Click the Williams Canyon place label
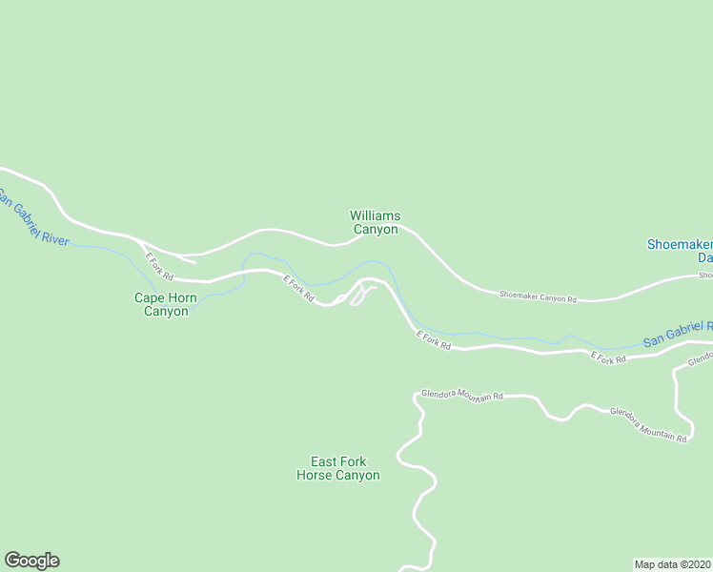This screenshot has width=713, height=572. (375, 223)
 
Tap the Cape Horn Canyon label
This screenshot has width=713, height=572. (166, 304)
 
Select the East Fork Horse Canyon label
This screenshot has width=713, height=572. (337, 468)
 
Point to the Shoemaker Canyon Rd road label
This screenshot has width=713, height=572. (539, 297)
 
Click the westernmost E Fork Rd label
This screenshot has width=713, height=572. (158, 265)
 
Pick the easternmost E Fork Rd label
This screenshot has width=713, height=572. (608, 358)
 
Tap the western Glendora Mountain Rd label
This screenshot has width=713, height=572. (461, 395)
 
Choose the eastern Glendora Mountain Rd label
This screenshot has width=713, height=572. (648, 425)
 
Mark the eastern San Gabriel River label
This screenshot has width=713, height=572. (677, 334)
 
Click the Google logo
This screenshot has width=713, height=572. (31, 561)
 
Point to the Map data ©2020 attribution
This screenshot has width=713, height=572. (673, 563)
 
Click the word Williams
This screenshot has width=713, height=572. (375, 216)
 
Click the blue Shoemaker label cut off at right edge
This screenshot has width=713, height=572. (680, 244)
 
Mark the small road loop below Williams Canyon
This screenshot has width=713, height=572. (357, 295)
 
